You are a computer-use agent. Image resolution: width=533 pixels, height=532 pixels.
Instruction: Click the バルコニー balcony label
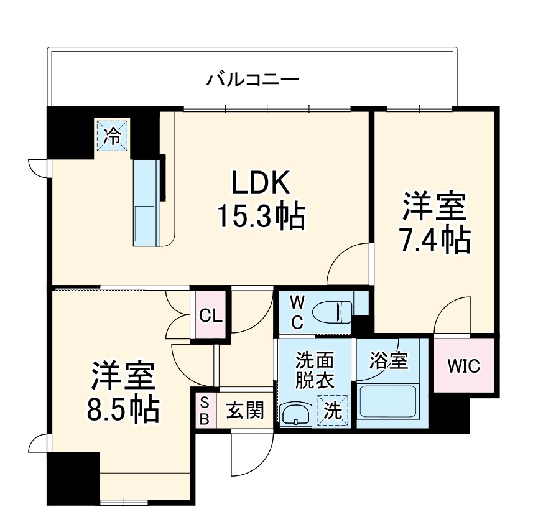tap(253, 80)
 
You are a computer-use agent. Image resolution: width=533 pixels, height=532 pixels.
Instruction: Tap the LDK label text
tap(261, 184)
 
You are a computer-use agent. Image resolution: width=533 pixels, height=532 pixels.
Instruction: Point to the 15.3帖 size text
tap(261, 216)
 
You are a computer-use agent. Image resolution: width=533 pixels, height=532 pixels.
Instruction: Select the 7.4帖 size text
tap(434, 240)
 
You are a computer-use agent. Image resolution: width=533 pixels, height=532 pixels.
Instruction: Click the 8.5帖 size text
tap(123, 408)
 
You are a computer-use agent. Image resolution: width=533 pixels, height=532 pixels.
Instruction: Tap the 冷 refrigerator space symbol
tap(112, 135)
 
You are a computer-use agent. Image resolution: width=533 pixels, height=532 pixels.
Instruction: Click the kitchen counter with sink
tap(147, 203)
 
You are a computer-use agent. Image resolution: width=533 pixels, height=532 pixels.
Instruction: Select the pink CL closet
tap(210, 315)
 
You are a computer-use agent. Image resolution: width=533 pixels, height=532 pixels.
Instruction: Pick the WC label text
tap(297, 312)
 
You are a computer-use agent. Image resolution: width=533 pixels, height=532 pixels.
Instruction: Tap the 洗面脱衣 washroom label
tap(315, 370)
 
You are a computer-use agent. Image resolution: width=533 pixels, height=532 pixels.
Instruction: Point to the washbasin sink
tap(296, 414)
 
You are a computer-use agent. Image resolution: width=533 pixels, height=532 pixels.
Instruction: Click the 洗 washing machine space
tap(333, 410)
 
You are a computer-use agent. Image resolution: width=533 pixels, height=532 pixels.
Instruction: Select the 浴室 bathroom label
tap(389, 361)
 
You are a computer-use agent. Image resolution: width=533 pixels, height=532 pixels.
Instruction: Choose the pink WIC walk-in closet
tap(464, 366)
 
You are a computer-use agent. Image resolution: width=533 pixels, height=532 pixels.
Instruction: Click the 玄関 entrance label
tap(244, 410)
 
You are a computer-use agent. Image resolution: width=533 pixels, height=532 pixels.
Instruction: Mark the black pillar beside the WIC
tap(452, 414)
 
